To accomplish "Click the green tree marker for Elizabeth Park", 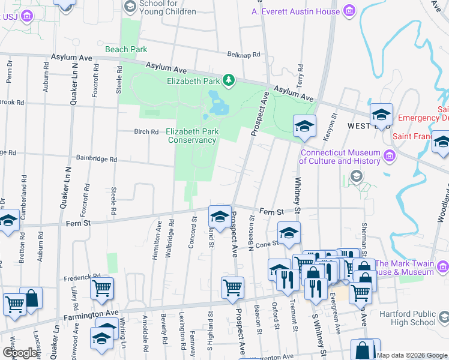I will [228, 80].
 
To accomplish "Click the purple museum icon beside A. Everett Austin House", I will [349, 11].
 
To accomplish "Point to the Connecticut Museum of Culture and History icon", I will [390, 157].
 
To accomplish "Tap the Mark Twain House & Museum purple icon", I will [443, 264].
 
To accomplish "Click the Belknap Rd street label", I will [243, 55].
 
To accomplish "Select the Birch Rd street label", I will [146, 132].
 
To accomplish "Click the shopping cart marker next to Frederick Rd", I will [102, 288].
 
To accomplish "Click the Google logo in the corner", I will [20, 353].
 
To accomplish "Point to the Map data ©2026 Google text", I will [412, 355].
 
